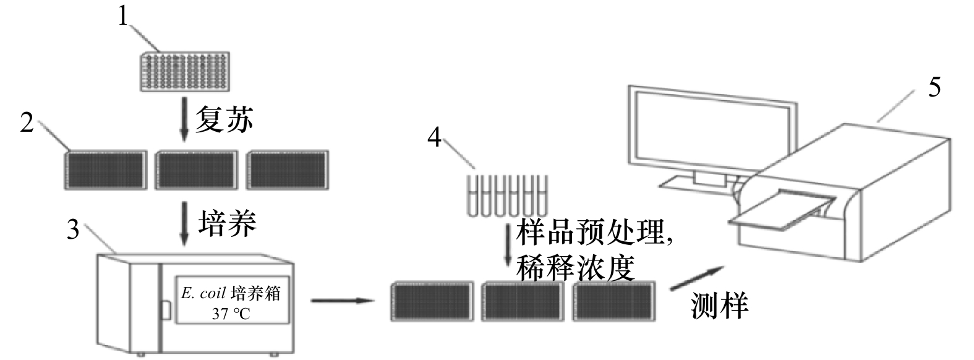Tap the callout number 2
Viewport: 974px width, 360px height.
pyautogui.click(x=27, y=123)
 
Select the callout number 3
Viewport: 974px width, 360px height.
pyautogui.click(x=74, y=230)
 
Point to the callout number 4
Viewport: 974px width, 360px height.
pyautogui.click(x=435, y=137)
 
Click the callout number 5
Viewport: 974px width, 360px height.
pyautogui.click(x=934, y=87)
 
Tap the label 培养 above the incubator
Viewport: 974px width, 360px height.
pyautogui.click(x=227, y=223)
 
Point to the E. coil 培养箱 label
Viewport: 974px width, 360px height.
pyautogui.click(x=231, y=293)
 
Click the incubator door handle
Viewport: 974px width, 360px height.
pyautogui.click(x=166, y=310)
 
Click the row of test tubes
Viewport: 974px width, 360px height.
pyautogui.click(x=507, y=194)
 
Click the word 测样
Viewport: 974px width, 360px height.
pyautogui.click(x=719, y=305)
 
